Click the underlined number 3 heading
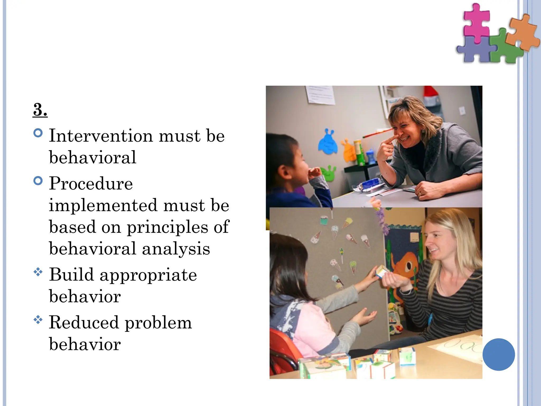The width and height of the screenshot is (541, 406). (40, 109)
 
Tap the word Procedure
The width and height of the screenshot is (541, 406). (91, 183)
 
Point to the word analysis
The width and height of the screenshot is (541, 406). (176, 249)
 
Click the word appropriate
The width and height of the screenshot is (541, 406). (148, 275)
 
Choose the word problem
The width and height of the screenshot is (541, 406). (158, 323)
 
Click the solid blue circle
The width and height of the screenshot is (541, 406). (498, 354)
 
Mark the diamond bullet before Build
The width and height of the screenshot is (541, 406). (38, 272)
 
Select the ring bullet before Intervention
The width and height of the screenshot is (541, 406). (38, 133)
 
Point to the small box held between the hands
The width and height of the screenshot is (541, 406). (382, 272)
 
